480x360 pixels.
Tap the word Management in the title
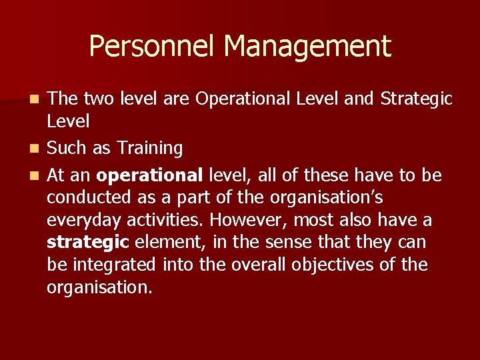tap(307, 47)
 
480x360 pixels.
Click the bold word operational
tap(149, 175)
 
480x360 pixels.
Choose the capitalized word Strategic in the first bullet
tap(416, 99)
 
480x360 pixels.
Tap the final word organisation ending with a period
tap(100, 287)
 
